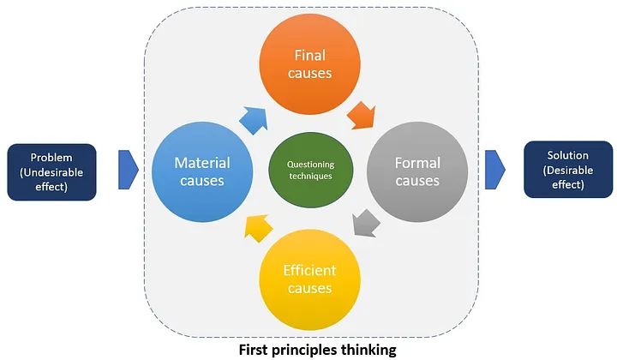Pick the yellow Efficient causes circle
pyautogui.click(x=309, y=279)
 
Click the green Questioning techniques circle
pyautogui.click(x=309, y=170)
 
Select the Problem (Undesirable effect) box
pyautogui.click(x=51, y=170)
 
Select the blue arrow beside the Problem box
pyautogui.click(x=128, y=170)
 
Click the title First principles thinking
pyautogui.click(x=308, y=349)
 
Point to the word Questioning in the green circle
pyautogui.click(x=309, y=164)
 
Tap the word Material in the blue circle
pyautogui.click(x=201, y=161)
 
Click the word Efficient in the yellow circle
pyautogui.click(x=309, y=271)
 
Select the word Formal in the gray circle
pyautogui.click(x=417, y=162)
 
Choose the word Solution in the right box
pyautogui.click(x=567, y=156)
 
